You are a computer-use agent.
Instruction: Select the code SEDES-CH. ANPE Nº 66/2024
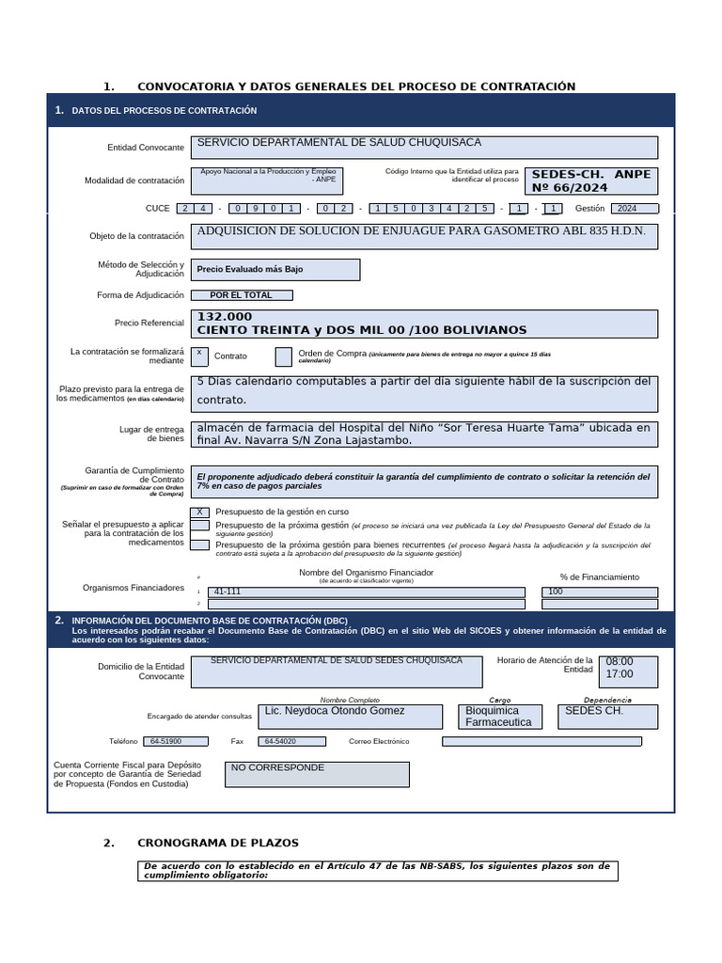point(590,181)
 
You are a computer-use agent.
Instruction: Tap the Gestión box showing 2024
point(635,209)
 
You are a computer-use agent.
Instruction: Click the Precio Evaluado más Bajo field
point(275,270)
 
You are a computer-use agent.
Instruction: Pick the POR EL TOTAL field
point(242,295)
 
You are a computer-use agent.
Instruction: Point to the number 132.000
point(225,317)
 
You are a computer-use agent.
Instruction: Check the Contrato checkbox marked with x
point(199,355)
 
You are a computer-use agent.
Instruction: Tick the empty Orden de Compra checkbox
point(283,356)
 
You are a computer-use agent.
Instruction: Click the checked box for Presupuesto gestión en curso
point(199,512)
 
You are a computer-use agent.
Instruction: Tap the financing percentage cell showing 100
point(600,592)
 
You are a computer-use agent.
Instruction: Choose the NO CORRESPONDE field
point(317,774)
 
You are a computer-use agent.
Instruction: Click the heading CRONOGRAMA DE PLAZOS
point(217,843)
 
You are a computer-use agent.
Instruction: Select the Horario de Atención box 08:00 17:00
point(629,671)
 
